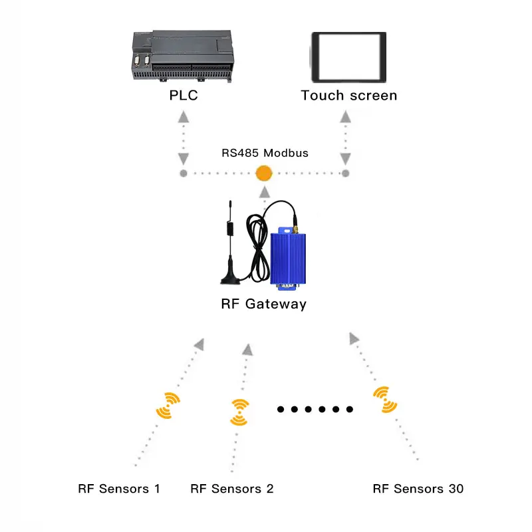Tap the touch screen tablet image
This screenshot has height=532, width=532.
coord(348,57)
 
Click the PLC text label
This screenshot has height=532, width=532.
coord(184,95)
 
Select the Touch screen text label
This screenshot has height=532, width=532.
coord(348,95)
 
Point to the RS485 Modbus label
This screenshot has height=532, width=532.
coord(265,152)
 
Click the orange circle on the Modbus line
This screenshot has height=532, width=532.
coord(265,174)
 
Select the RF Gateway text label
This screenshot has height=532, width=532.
coord(263,305)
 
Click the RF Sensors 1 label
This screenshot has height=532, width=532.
coord(119,489)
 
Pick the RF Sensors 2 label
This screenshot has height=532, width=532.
coord(231,489)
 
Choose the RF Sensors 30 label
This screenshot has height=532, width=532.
coord(418,489)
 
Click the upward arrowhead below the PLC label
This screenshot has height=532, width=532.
coord(184,117)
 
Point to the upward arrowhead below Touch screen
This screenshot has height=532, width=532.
coord(345,117)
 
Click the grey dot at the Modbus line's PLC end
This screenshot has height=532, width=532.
coord(184,174)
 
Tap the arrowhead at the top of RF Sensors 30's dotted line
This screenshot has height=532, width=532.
coord(354,338)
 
